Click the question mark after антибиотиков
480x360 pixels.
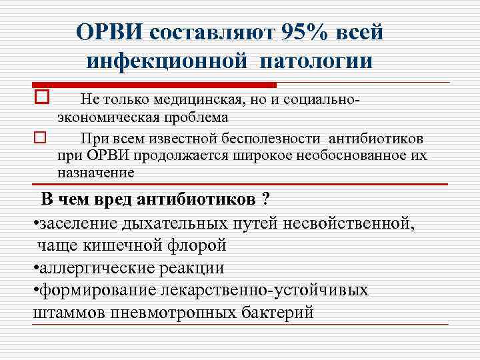(x=265, y=199)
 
